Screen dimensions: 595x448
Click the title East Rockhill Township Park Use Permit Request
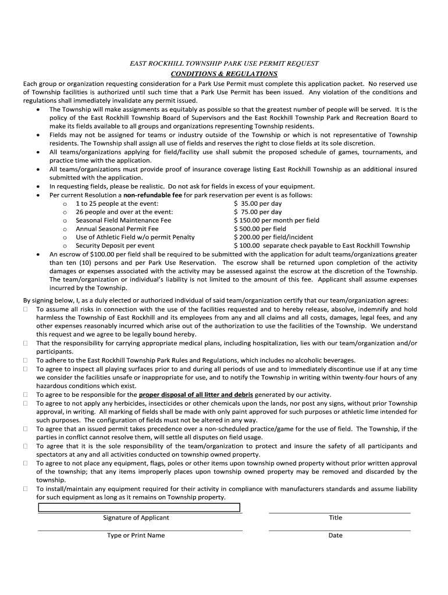(223, 63)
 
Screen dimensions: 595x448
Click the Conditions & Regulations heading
(223, 74)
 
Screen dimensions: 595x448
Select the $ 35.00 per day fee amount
(258, 204)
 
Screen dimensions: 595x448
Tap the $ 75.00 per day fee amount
(258, 212)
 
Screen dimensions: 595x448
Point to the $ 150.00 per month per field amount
(276, 221)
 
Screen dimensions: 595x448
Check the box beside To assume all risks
(26, 310)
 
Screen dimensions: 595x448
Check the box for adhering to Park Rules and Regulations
(26, 360)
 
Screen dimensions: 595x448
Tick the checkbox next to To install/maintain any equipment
(26, 489)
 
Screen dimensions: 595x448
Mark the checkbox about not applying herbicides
(26, 403)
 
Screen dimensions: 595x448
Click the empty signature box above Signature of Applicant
(139, 507)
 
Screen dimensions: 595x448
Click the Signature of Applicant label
(136, 518)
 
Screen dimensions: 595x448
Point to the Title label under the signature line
(335, 518)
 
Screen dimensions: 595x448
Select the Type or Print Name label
(136, 535)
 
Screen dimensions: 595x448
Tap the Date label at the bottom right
(335, 535)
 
